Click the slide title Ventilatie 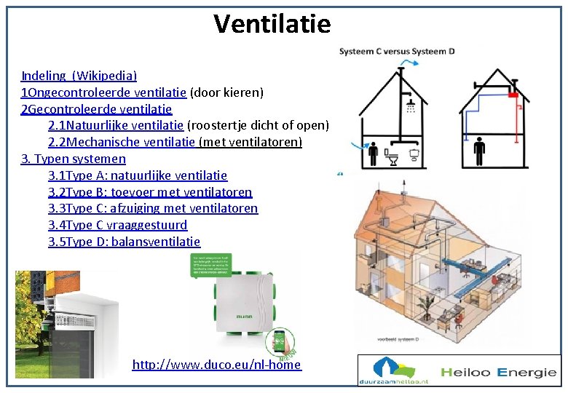point(272,24)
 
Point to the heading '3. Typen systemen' point(74,159)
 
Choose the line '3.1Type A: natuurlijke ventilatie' point(138,175)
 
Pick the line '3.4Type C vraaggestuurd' point(117,225)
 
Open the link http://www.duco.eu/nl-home point(216,365)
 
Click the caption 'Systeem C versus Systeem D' point(397,51)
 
